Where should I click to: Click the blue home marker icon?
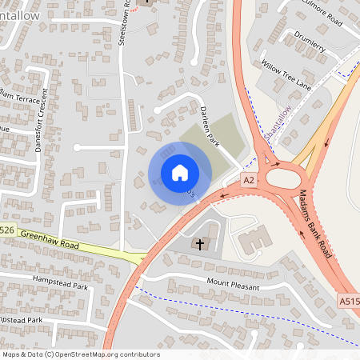[x=179, y=172]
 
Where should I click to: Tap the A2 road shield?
[x=248, y=181]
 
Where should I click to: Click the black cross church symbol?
[x=199, y=242]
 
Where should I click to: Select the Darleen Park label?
[x=210, y=126]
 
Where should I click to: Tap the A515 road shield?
[x=348, y=301]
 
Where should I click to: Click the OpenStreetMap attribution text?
[x=81, y=354]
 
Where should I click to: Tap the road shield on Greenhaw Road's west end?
[x=6, y=230]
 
